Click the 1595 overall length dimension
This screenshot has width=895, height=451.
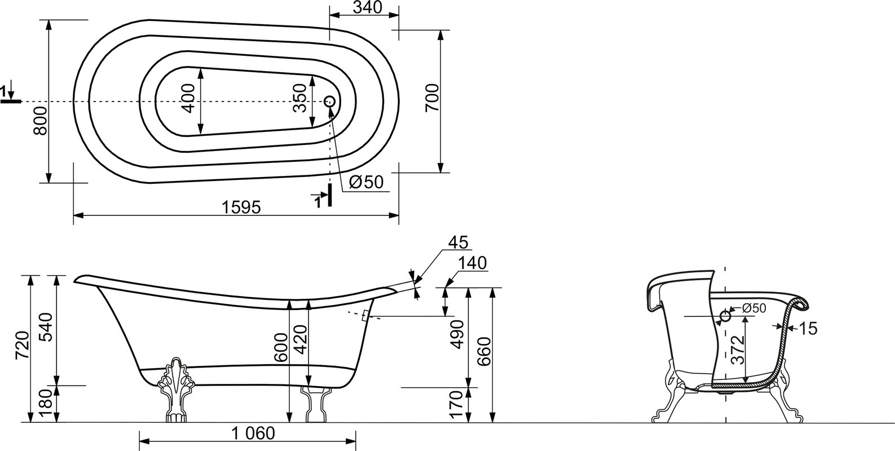click(241, 207)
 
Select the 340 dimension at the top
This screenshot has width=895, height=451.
click(368, 7)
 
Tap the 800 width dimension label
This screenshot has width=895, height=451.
click(40, 121)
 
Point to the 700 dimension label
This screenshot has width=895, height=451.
click(432, 98)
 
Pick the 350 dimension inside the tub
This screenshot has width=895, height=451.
click(299, 98)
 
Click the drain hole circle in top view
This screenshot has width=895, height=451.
click(330, 101)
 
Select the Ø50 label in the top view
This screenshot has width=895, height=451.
click(366, 182)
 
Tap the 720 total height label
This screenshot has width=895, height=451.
click(23, 346)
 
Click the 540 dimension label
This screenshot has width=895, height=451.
click(47, 327)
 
